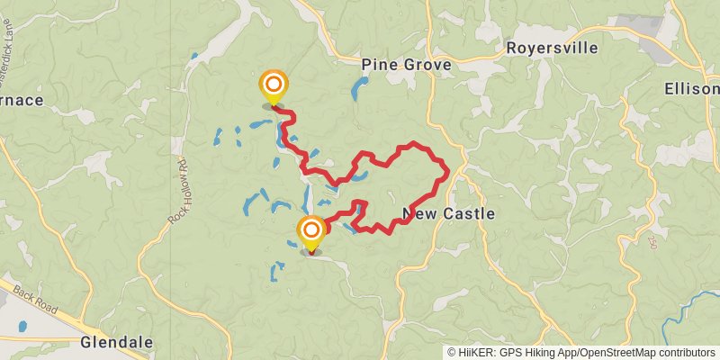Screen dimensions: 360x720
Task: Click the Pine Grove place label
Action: click(x=405, y=66)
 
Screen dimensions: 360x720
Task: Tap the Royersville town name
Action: click(x=552, y=49)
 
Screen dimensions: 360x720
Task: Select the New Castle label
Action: click(x=448, y=214)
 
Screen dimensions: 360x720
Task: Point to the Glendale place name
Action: click(x=116, y=343)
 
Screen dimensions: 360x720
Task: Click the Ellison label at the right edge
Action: click(x=692, y=89)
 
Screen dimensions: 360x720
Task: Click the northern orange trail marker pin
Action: click(x=274, y=86)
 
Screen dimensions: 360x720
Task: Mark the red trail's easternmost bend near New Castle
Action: click(x=447, y=171)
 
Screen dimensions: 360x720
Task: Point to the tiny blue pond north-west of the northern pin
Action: click(x=194, y=57)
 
